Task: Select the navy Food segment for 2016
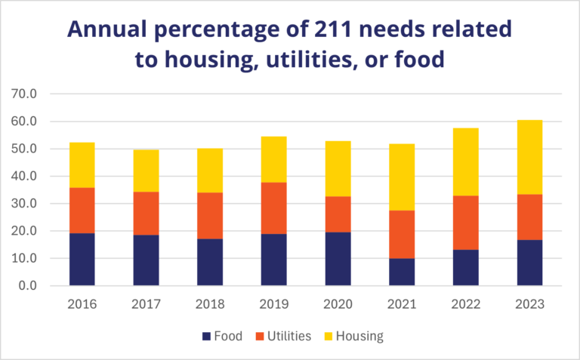82,259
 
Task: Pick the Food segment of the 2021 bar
401,272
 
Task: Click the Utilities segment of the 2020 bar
338,214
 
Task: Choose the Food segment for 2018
210,262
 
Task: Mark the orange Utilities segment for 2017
146,213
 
